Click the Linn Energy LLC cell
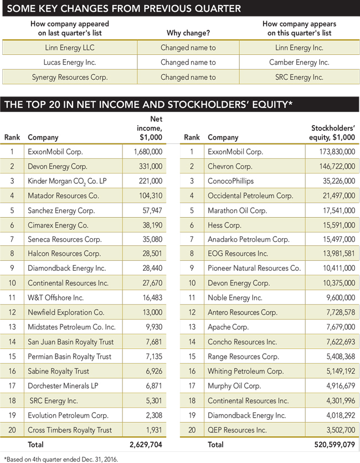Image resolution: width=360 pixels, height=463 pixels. [70, 48]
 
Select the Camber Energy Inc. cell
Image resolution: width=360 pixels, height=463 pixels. [299, 63]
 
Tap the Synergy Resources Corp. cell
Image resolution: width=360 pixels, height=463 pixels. [70, 77]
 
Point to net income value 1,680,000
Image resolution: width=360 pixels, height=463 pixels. [148, 151]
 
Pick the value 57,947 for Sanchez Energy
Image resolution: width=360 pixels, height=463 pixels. [151, 210]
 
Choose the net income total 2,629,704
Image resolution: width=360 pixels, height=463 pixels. [145, 444]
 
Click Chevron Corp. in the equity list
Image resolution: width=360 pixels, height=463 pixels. [229, 166]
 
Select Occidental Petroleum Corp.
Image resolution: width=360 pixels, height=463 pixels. [250, 196]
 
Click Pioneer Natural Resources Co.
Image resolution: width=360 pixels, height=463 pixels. [254, 269]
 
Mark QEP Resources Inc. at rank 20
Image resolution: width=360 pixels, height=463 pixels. [237, 430]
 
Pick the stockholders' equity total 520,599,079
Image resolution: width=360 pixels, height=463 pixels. [329, 444]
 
